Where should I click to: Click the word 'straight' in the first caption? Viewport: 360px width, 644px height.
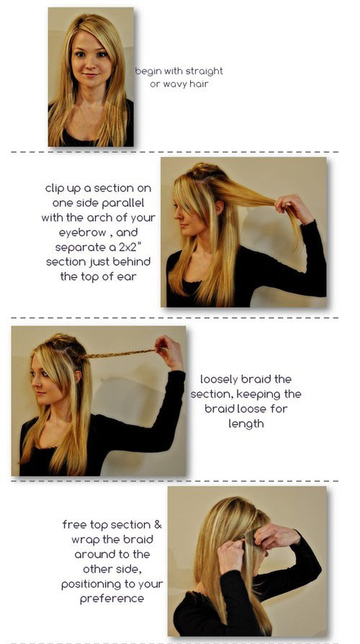tap(204, 71)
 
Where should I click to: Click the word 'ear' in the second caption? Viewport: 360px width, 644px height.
tap(127, 277)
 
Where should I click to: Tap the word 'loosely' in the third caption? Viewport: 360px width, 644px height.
tap(219, 380)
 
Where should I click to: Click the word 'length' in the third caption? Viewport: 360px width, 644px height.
tap(246, 424)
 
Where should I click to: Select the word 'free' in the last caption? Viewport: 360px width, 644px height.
tap(72, 525)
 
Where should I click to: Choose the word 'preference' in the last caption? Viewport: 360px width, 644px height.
tap(112, 599)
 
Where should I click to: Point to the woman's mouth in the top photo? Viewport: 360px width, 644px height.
tap(90, 76)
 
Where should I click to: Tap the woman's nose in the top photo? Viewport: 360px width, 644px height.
tap(90, 65)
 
